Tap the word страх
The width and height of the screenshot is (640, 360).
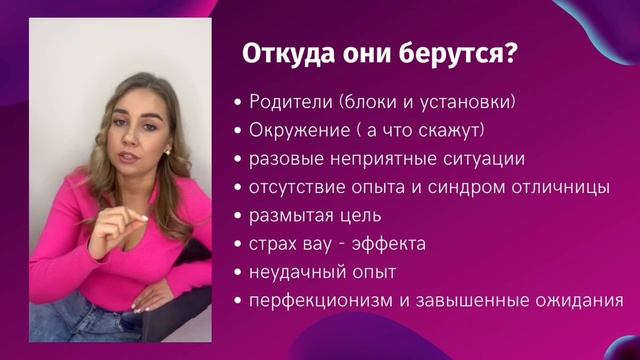[x=270, y=243]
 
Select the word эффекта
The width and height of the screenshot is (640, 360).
[x=393, y=243]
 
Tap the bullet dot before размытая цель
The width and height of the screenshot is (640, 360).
[x=236, y=216]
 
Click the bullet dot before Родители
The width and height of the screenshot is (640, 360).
[x=236, y=103]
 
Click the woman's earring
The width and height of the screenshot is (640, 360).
[x=166, y=153]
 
